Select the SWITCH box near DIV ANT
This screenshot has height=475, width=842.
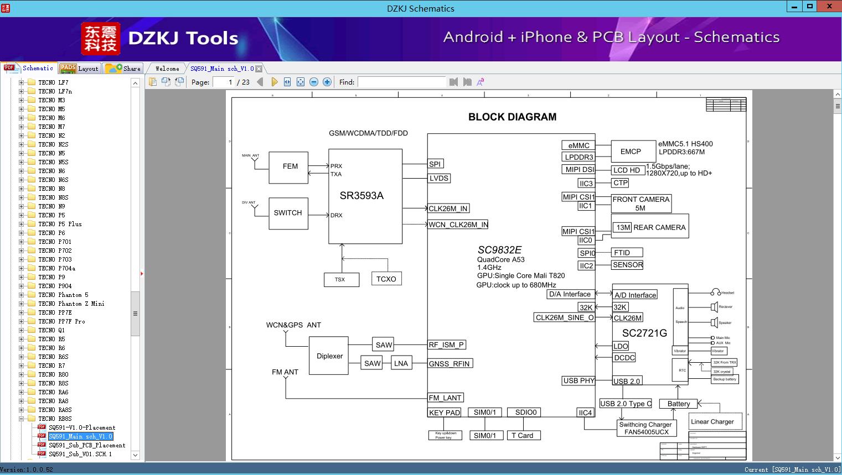(288, 213)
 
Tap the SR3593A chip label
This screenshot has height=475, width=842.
(361, 195)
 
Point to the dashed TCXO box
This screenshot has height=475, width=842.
(386, 279)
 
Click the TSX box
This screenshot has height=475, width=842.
(340, 280)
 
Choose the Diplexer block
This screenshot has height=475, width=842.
(329, 356)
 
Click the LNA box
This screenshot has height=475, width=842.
(401, 363)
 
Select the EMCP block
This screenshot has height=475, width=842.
(630, 152)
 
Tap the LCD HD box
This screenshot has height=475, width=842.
(627, 170)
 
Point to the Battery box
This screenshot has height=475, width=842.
(678, 404)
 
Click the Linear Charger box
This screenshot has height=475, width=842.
(712, 421)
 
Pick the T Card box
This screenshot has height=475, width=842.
(522, 436)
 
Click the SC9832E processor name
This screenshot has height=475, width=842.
(499, 250)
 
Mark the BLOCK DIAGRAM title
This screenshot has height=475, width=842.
(512, 117)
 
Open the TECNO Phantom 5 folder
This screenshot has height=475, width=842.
(63, 295)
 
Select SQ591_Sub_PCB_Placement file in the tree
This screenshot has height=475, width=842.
(87, 445)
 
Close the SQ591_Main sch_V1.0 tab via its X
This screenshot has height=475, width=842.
(259, 69)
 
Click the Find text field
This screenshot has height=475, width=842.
(401, 82)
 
